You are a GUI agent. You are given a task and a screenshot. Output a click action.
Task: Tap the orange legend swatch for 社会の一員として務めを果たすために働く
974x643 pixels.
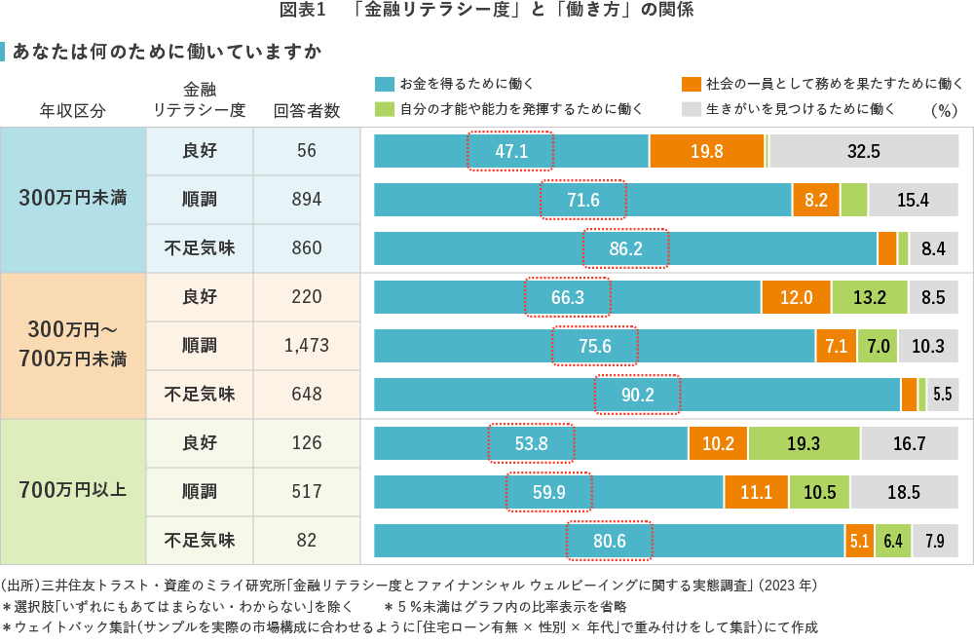coord(691,84)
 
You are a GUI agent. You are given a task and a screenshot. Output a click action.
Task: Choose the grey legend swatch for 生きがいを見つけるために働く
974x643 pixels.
coord(691,108)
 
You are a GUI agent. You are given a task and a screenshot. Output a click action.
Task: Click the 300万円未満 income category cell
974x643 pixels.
coord(73,200)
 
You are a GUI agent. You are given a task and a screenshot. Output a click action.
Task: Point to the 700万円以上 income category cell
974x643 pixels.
coord(73,490)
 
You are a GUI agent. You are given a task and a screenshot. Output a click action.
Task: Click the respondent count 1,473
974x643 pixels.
coord(307,345)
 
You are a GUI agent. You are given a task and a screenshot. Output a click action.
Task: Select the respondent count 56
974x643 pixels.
coord(307,151)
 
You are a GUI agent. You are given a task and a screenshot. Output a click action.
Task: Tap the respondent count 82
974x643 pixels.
coord(307,539)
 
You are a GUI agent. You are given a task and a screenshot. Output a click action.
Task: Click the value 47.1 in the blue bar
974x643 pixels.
coord(510,151)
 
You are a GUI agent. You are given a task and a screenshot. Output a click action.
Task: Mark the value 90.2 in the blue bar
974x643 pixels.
coord(637,394)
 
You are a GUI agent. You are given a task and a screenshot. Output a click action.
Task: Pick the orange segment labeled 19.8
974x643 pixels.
coord(707,151)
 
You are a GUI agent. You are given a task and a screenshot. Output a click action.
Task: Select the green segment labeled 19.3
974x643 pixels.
coord(804,443)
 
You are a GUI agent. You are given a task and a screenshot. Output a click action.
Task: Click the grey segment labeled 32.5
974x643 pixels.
coord(864,151)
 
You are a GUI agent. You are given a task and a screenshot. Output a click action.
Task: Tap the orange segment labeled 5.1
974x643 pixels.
coord(859,540)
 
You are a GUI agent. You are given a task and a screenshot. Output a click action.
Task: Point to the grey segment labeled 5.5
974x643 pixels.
coord(942,394)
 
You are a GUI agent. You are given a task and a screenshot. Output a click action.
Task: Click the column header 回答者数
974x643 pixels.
coord(307,110)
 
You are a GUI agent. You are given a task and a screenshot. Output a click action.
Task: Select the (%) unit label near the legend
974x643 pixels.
coord(944,110)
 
